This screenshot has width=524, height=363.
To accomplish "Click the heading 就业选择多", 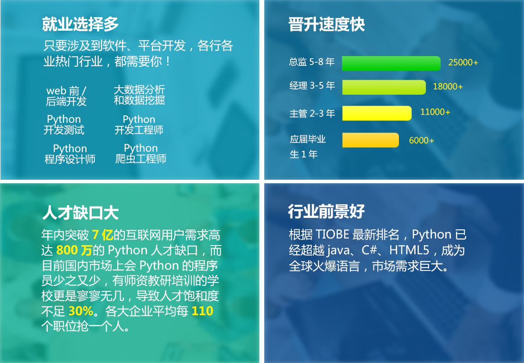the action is point(80,25).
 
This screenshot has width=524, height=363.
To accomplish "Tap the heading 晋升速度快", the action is point(327,25).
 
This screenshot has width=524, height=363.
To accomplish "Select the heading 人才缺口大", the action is point(80,213).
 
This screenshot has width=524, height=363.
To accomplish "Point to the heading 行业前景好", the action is point(327,211).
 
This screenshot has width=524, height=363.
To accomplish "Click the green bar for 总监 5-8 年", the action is point(391,64).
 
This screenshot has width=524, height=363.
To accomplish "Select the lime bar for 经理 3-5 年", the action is point(384,87).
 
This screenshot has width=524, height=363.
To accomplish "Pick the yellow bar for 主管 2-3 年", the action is point(377,113).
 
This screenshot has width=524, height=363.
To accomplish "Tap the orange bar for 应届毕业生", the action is point(370,140).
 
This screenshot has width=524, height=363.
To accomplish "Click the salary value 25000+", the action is point(463,62).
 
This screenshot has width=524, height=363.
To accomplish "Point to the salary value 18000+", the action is point(448,86).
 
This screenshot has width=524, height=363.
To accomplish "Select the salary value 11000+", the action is point(435,112).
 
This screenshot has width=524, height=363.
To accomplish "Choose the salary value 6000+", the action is point(421,141).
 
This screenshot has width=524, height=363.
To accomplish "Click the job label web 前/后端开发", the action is point(66,96).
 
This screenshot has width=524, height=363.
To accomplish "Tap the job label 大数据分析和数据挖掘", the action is point(140,95).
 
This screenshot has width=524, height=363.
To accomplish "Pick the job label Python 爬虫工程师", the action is point(141,153).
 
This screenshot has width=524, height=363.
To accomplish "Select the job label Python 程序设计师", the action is point(70,153).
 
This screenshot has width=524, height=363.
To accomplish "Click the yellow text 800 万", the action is point(74,250).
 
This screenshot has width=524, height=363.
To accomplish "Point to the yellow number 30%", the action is point(81,311).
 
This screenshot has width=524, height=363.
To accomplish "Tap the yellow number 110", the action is point(202,311).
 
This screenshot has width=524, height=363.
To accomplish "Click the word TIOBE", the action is point(332,235).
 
